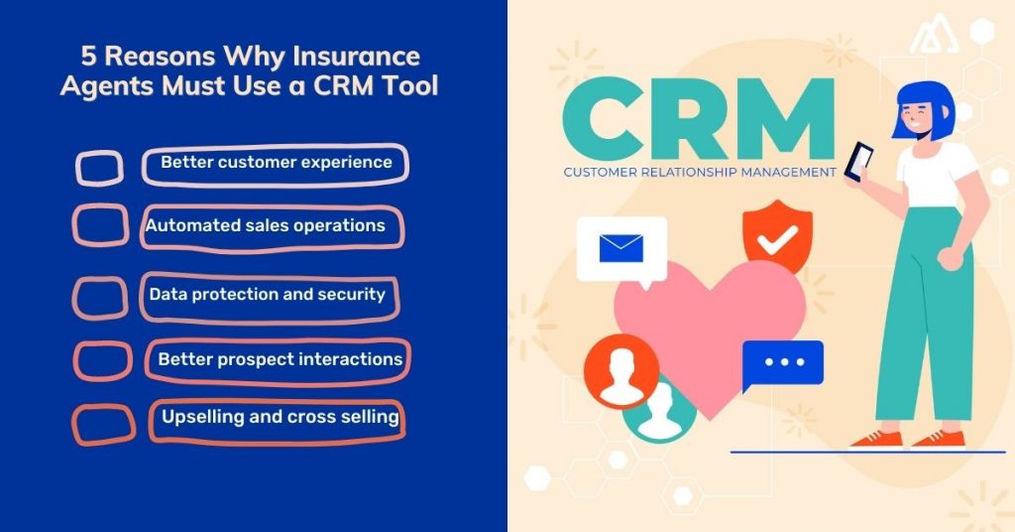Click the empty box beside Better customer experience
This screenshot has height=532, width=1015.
tap(100, 168)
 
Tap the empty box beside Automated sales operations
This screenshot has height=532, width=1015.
tap(100, 225)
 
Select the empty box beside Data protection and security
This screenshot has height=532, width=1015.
tap(101, 297)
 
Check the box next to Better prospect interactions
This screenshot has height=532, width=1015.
tap(103, 360)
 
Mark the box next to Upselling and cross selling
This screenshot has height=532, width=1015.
tap(104, 424)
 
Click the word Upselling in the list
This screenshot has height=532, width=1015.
tap(202, 416)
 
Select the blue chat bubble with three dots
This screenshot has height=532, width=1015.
tap(783, 363)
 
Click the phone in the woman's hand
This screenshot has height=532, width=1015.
tap(859, 160)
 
